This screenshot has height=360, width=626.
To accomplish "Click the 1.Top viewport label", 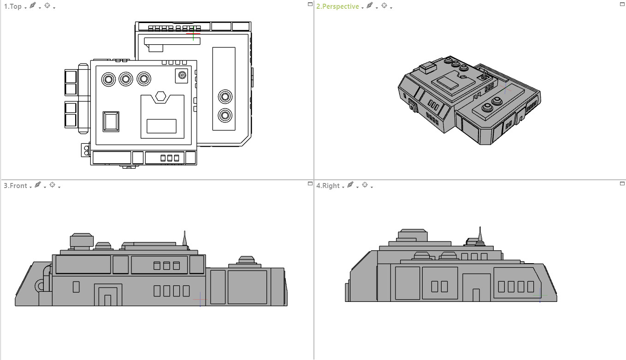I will pyautogui.click(x=13, y=6).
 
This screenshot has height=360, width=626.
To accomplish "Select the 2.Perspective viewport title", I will pyautogui.click(x=337, y=6).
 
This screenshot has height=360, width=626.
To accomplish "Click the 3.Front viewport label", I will pyautogui.click(x=16, y=186).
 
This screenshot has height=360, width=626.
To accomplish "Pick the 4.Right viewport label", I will pyautogui.click(x=328, y=186).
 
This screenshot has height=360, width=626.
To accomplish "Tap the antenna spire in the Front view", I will pyautogui.click(x=184, y=238).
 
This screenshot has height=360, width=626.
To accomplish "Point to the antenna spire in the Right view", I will pyautogui.click(x=480, y=234).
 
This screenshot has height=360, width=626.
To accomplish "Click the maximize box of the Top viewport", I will pyautogui.click(x=310, y=4).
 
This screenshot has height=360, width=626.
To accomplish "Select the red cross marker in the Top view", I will pyautogui.click(x=193, y=34).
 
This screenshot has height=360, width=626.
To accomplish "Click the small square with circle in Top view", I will pyautogui.click(x=182, y=75).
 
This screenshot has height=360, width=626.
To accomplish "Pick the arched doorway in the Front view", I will pyautogui.click(x=108, y=295).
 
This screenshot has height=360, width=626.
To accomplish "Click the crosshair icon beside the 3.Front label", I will pyautogui.click(x=53, y=185).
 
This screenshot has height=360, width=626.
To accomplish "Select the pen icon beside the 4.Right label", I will pyautogui.click(x=350, y=185).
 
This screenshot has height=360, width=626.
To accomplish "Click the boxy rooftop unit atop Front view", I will pyautogui.click(x=82, y=241).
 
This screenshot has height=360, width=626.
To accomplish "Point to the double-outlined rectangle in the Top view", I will pyautogui.click(x=111, y=121).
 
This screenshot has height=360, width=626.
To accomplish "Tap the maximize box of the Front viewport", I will pyautogui.click(x=310, y=183).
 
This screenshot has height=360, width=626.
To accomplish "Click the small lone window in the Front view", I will pyautogui.click(x=76, y=287).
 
